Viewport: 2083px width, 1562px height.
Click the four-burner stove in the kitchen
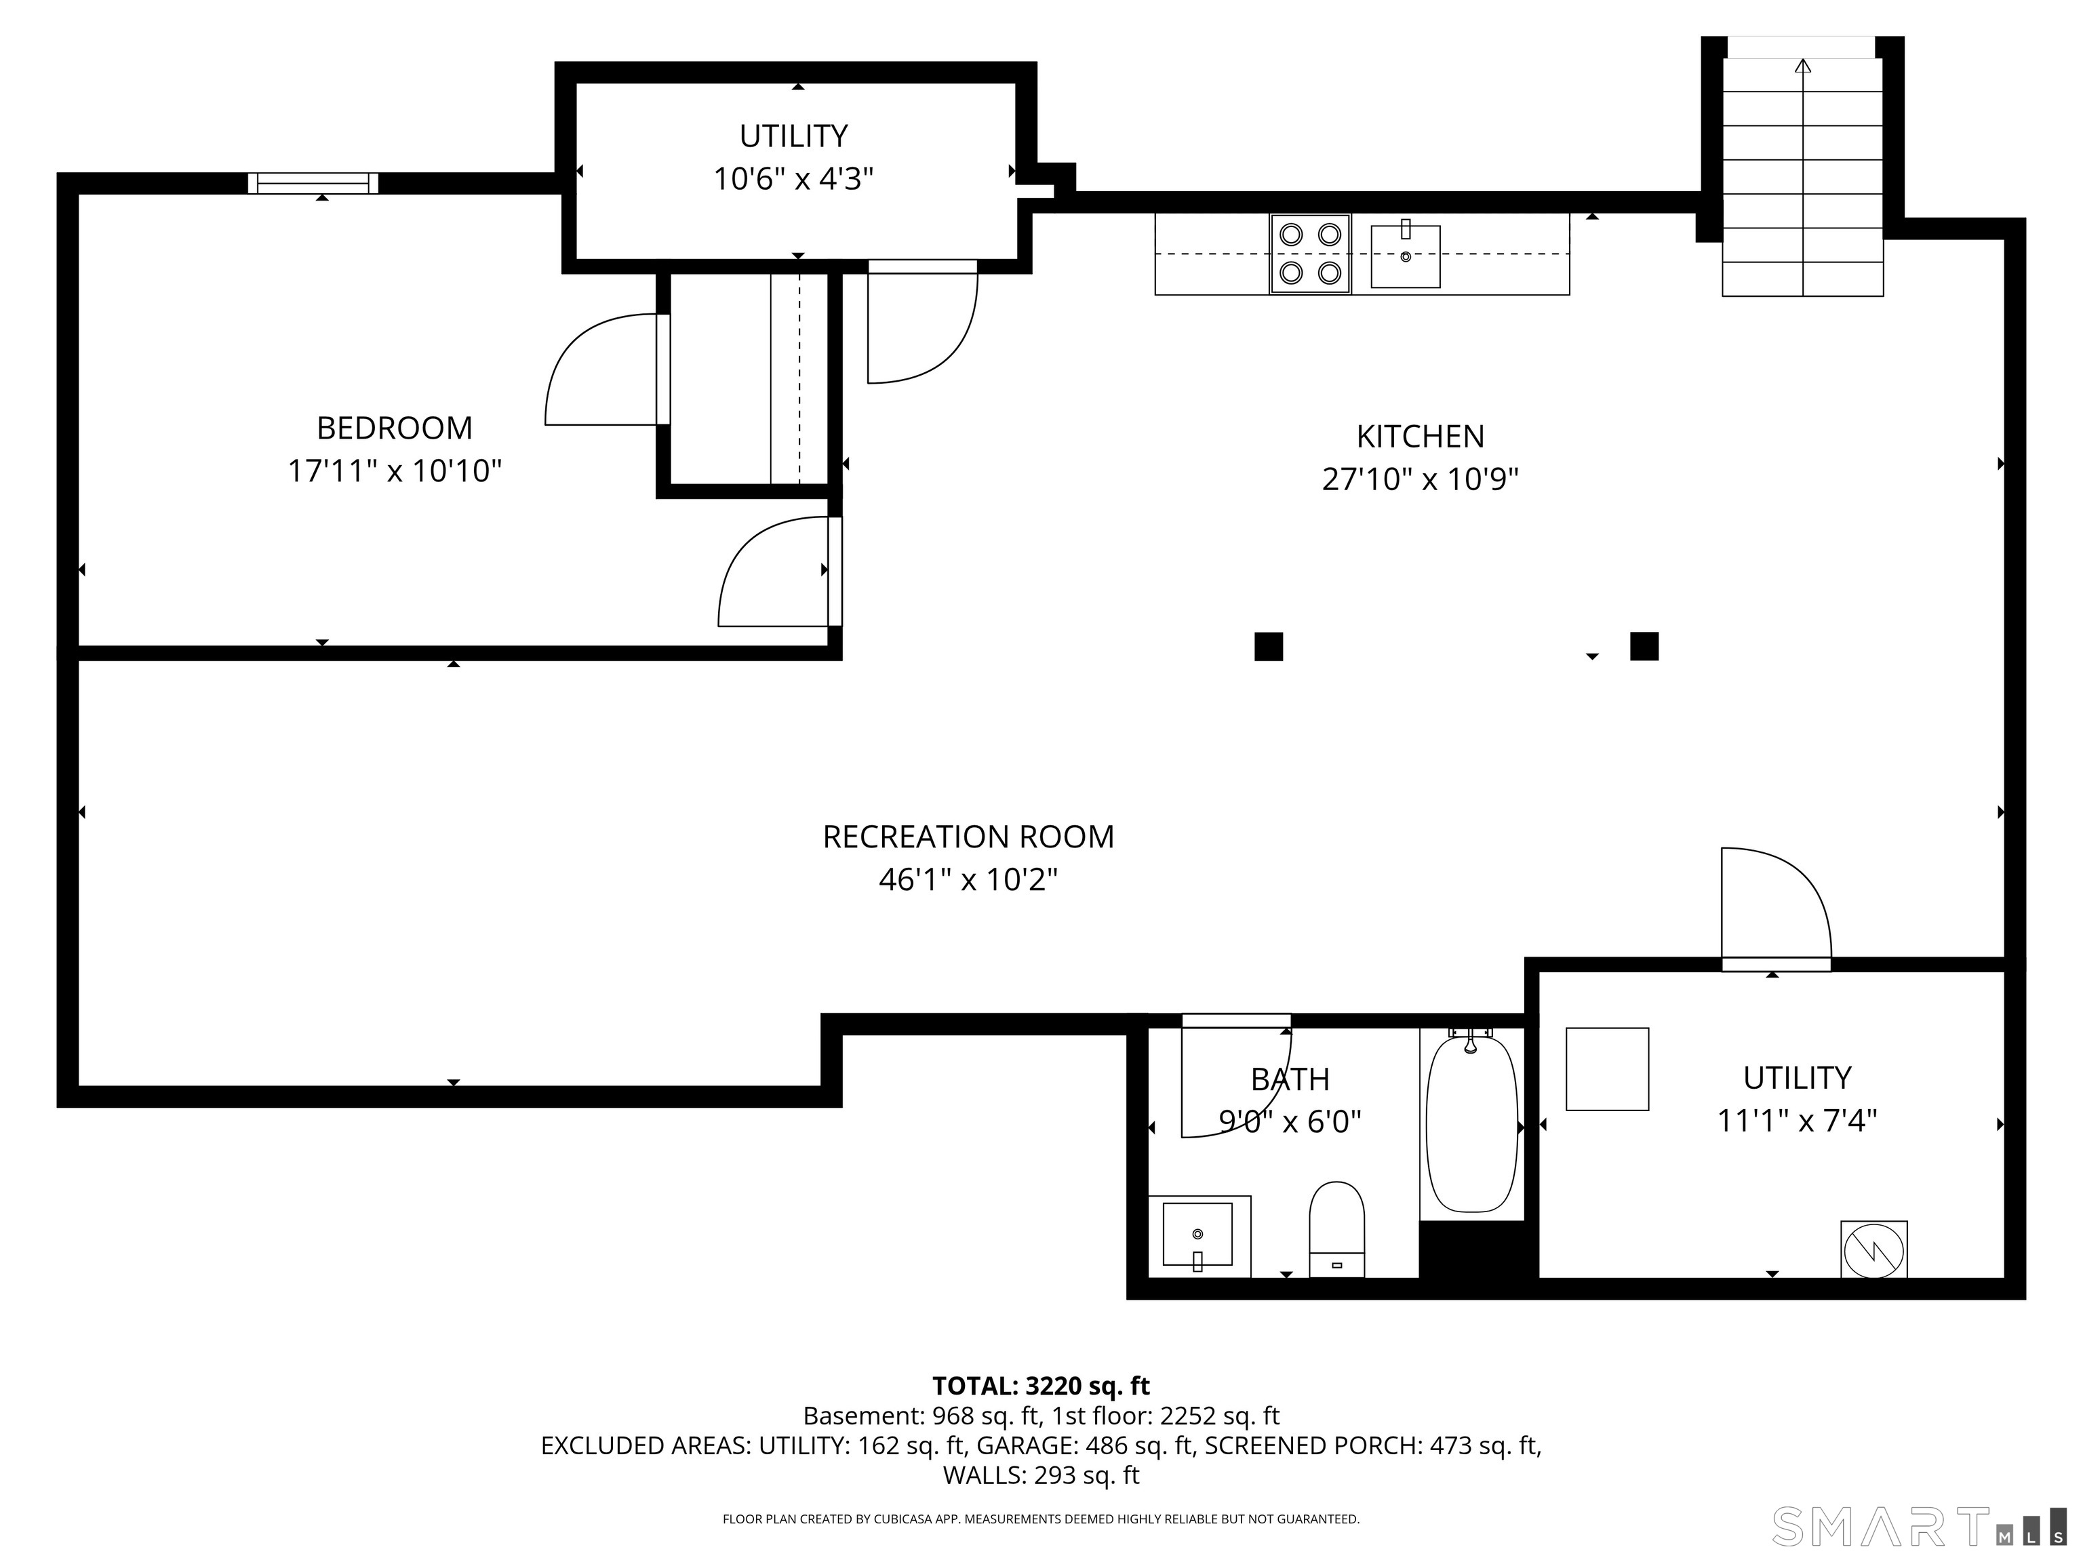click(x=1310, y=254)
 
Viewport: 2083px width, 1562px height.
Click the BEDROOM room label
click(x=395, y=428)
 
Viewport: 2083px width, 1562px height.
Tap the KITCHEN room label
click(x=1420, y=437)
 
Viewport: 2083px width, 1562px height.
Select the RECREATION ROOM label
click(x=968, y=837)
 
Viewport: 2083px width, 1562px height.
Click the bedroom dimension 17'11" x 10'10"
click(x=395, y=470)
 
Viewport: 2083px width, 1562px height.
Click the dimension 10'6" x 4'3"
click(x=794, y=179)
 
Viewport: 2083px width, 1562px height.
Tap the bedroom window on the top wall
click(x=313, y=184)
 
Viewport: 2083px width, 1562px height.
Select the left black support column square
click(x=1269, y=647)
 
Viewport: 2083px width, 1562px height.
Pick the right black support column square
click(x=1644, y=646)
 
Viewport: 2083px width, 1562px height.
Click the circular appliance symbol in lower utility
click(x=1874, y=1250)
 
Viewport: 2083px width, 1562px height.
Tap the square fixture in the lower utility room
click(x=1608, y=1068)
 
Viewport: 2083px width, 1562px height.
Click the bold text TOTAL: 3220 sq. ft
click(x=1041, y=1386)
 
